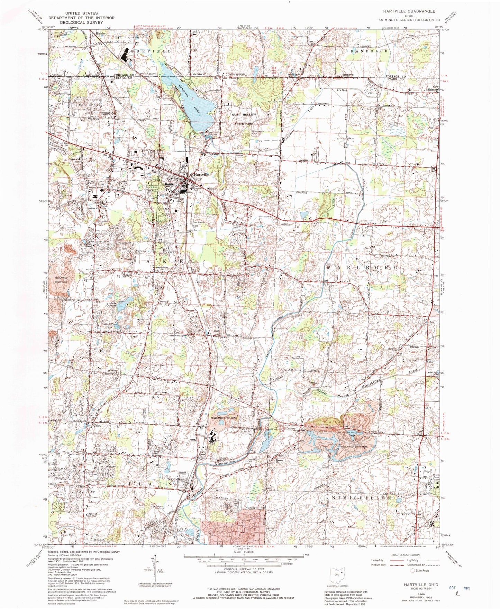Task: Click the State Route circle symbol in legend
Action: click(412, 571)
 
